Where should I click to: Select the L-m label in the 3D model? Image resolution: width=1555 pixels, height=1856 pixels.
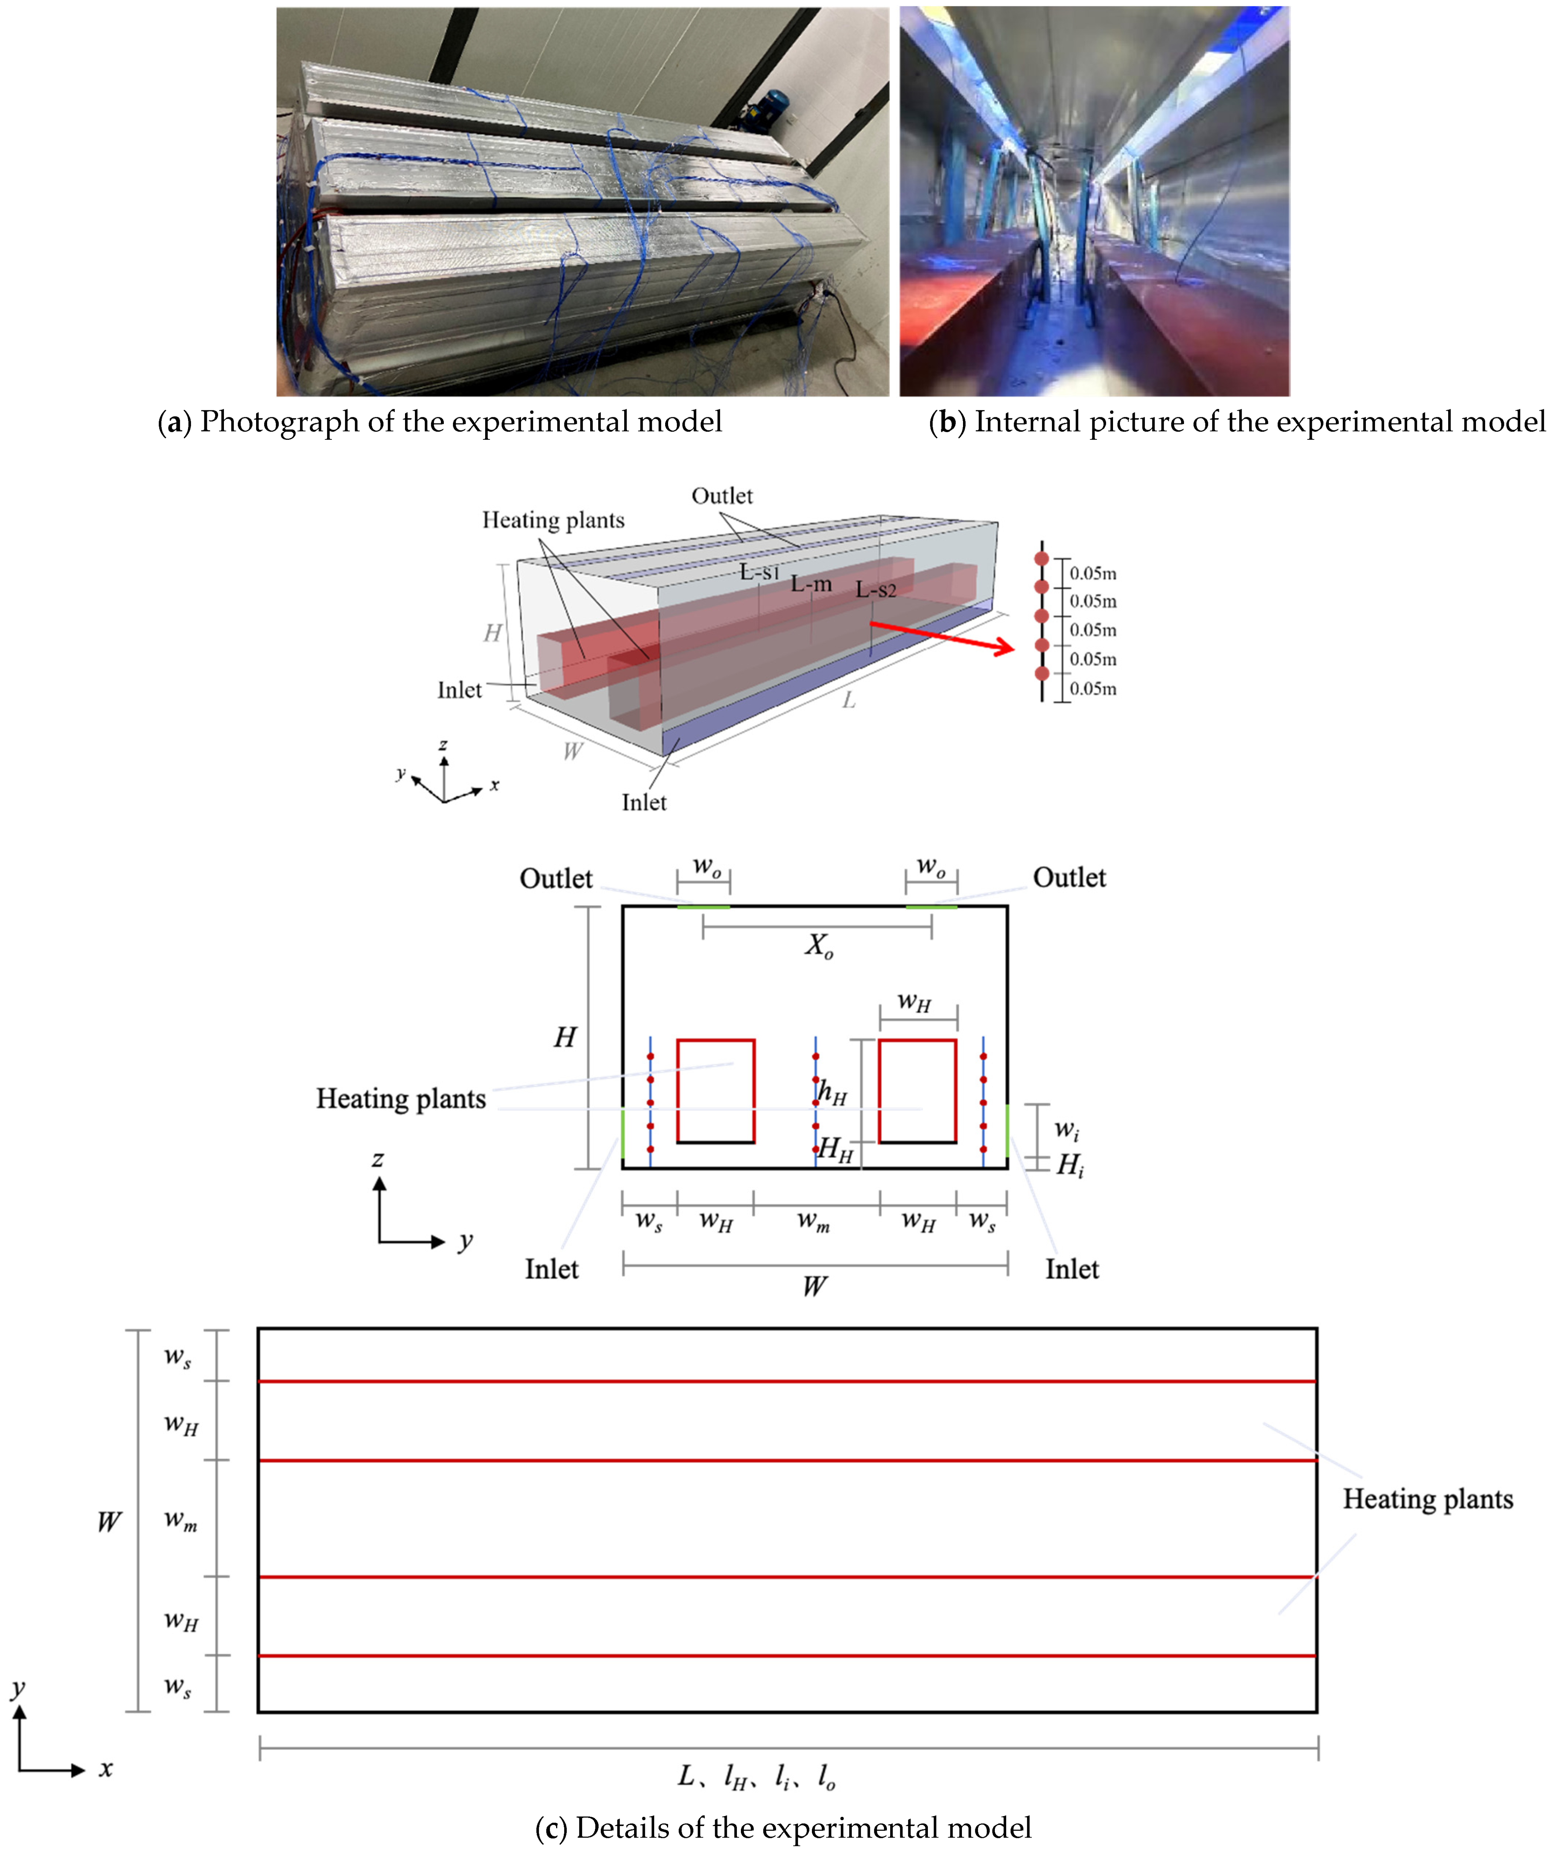(811, 584)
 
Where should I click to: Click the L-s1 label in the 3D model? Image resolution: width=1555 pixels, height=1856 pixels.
(760, 572)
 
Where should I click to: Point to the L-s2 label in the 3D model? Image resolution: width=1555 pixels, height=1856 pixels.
(875, 589)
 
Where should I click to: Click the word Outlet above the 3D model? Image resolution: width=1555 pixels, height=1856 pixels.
(722, 496)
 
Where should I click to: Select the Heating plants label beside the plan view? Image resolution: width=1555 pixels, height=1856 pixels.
(1428, 1499)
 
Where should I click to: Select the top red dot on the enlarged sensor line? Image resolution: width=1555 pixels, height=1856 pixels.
(1042, 558)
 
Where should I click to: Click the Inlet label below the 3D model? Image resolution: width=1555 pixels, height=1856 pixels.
(644, 802)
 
